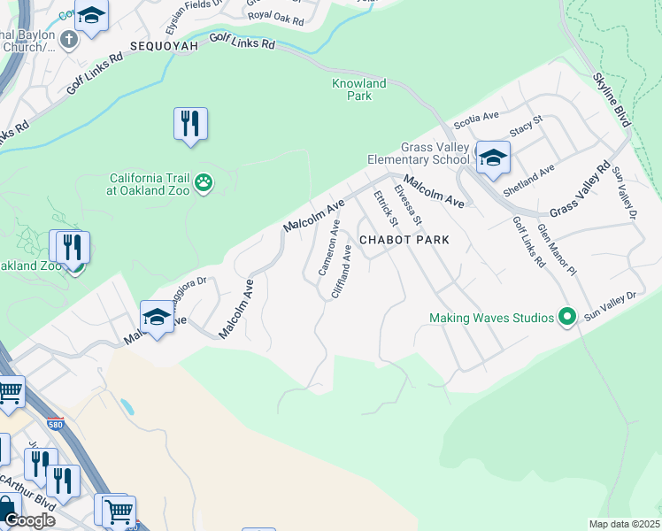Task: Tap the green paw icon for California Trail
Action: click(x=204, y=182)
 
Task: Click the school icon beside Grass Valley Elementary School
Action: click(x=493, y=157)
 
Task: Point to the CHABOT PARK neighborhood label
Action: click(x=404, y=240)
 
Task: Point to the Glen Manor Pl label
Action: click(x=557, y=250)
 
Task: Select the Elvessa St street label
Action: click(x=409, y=204)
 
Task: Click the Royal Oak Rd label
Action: click(x=275, y=17)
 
